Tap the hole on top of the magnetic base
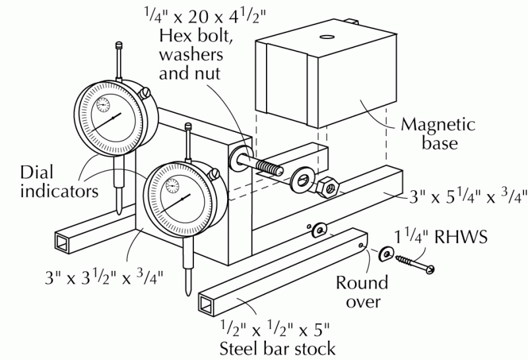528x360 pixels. tap(325, 37)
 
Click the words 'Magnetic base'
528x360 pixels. tap(438, 134)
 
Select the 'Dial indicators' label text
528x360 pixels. tap(59, 182)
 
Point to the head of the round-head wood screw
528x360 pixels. tap(430, 269)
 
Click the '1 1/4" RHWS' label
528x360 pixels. tap(441, 236)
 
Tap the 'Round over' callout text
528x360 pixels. tap(362, 292)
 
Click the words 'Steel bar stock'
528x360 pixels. tap(277, 349)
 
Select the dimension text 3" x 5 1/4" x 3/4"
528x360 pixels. tap(468, 198)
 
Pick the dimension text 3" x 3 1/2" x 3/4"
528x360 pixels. tap(104, 277)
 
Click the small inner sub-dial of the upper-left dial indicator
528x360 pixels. tap(103, 104)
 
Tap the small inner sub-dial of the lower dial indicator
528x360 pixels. tap(172, 186)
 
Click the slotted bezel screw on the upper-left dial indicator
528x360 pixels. tap(146, 92)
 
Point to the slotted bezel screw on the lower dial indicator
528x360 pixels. tap(214, 174)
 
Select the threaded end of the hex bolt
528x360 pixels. tap(269, 166)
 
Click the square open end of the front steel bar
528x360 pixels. tap(207, 304)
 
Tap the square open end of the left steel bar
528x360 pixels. tap(62, 242)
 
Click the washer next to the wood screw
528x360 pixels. tap(386, 254)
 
